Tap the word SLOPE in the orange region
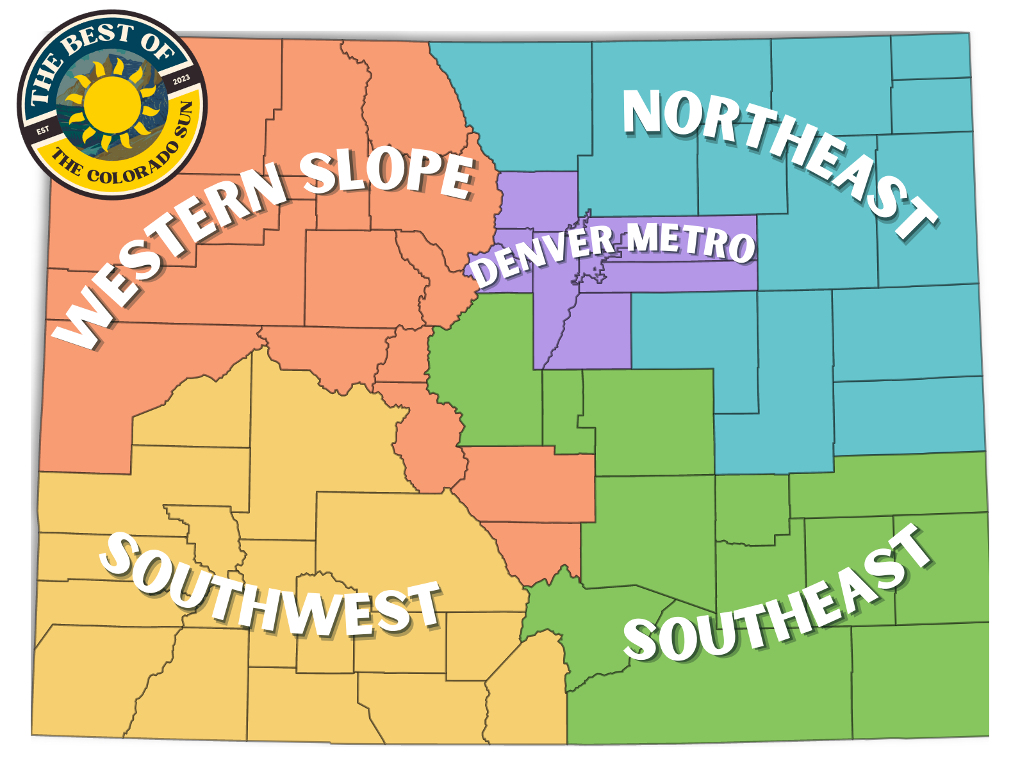(x=388, y=172)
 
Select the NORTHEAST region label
(x=778, y=160)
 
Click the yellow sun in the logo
(x=112, y=102)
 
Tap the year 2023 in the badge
(x=181, y=79)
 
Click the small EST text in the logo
(x=42, y=130)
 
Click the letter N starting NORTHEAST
(x=643, y=112)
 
